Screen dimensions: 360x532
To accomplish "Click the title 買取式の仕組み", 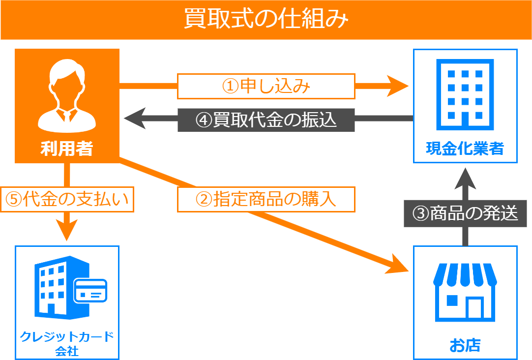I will point(266,20).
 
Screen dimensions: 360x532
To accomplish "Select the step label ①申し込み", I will point(266,87).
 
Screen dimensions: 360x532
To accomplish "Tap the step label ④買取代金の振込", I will point(266,120).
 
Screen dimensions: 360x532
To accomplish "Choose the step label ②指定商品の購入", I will point(266,199).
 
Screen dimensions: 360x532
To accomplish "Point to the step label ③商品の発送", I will point(465,214).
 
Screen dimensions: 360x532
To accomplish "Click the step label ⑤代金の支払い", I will point(67,199).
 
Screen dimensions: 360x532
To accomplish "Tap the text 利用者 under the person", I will point(67,149).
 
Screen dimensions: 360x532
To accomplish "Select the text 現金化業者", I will point(465,148).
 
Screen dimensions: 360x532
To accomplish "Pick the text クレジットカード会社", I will point(67,343).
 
